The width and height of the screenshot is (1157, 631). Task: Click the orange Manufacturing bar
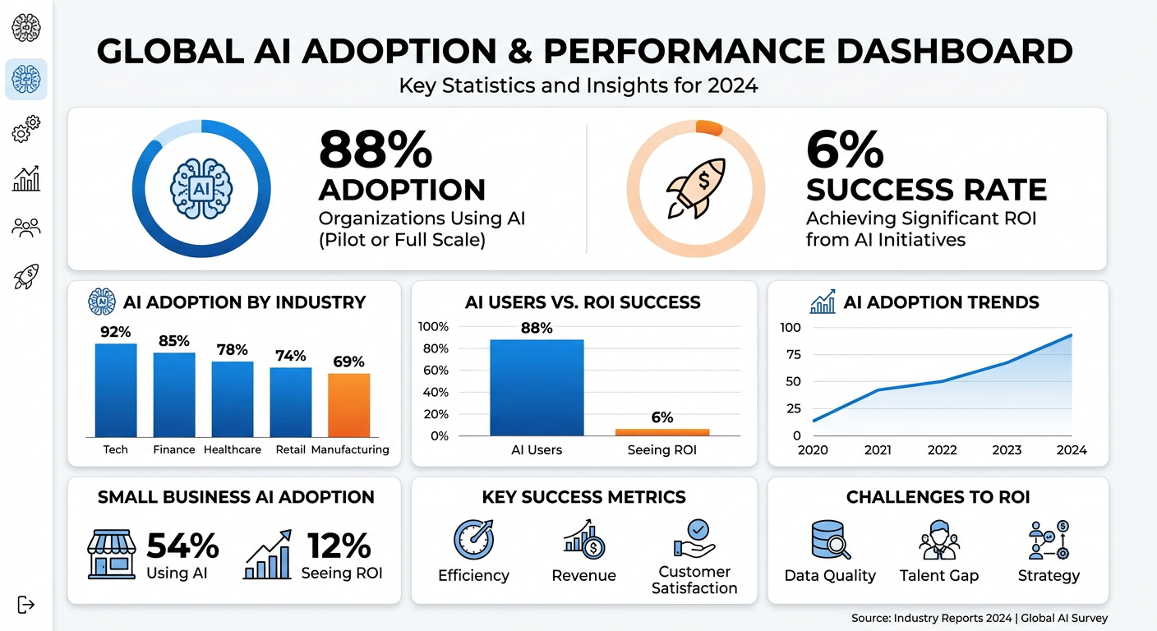[x=348, y=405]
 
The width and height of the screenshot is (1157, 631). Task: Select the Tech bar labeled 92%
[x=116, y=390]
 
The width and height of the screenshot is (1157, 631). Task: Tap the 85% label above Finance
[x=174, y=341]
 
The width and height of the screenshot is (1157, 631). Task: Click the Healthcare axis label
[x=233, y=449]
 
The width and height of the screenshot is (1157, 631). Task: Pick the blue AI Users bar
[x=537, y=388]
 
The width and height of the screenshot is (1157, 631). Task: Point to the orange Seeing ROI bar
[x=661, y=432]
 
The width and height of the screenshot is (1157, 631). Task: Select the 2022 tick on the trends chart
[x=942, y=449]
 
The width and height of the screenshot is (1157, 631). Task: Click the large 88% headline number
[x=376, y=150]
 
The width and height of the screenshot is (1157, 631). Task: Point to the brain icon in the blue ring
[x=201, y=188]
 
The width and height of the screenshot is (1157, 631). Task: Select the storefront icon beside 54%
[x=111, y=555]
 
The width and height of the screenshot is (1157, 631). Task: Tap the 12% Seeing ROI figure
[x=339, y=546]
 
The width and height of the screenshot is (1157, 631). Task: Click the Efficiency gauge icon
[x=473, y=540]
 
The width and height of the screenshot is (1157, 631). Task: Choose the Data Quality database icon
[x=830, y=540]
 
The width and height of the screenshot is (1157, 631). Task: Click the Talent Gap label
[x=939, y=575]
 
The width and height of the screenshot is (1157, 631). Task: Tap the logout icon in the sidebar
[x=26, y=605]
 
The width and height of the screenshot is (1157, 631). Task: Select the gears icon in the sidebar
[x=26, y=129]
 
